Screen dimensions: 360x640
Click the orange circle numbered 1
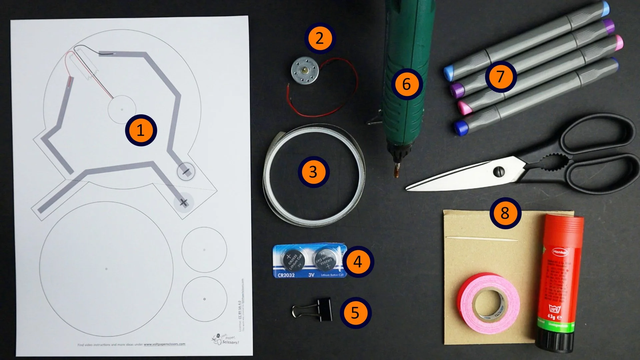tap(141, 130)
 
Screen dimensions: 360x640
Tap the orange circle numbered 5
tap(355, 313)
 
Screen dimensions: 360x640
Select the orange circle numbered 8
tap(505, 213)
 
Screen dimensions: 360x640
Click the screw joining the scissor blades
tap(499, 172)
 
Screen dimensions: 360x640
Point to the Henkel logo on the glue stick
tap(560, 252)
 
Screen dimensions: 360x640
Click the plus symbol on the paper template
tap(183, 202)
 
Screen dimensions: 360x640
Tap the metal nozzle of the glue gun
tap(397, 170)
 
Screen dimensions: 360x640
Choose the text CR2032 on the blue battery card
tap(286, 275)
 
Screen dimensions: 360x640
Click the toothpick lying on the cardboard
tap(482, 239)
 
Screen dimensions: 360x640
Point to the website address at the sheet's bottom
tap(165, 344)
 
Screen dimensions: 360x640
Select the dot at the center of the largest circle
tap(106, 269)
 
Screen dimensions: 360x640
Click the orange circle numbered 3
tap(313, 172)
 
